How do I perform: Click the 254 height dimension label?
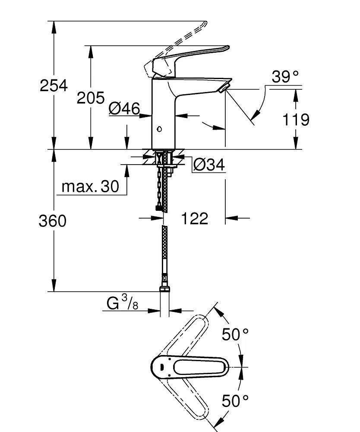click(x=54, y=86)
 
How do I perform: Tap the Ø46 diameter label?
click(x=124, y=108)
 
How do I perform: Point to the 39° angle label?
click(x=285, y=77)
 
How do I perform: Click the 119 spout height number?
click(x=296, y=120)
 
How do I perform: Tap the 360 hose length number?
click(x=53, y=221)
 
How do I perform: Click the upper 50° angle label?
click(x=236, y=334)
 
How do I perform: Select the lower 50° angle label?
click(x=236, y=401)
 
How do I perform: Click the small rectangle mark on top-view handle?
click(x=161, y=368)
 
